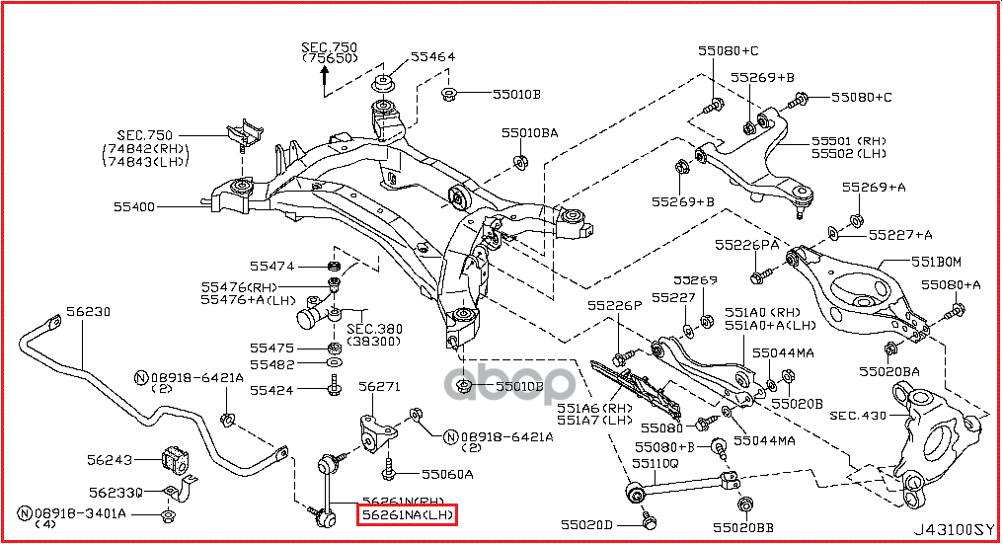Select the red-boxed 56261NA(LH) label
click(407, 515)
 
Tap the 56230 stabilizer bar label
click(88, 311)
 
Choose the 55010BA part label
click(528, 132)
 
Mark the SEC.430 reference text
click(858, 416)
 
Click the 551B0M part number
click(936, 262)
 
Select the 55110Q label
click(656, 462)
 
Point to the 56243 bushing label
click(108, 459)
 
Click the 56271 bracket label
click(378, 386)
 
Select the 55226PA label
click(747, 243)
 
